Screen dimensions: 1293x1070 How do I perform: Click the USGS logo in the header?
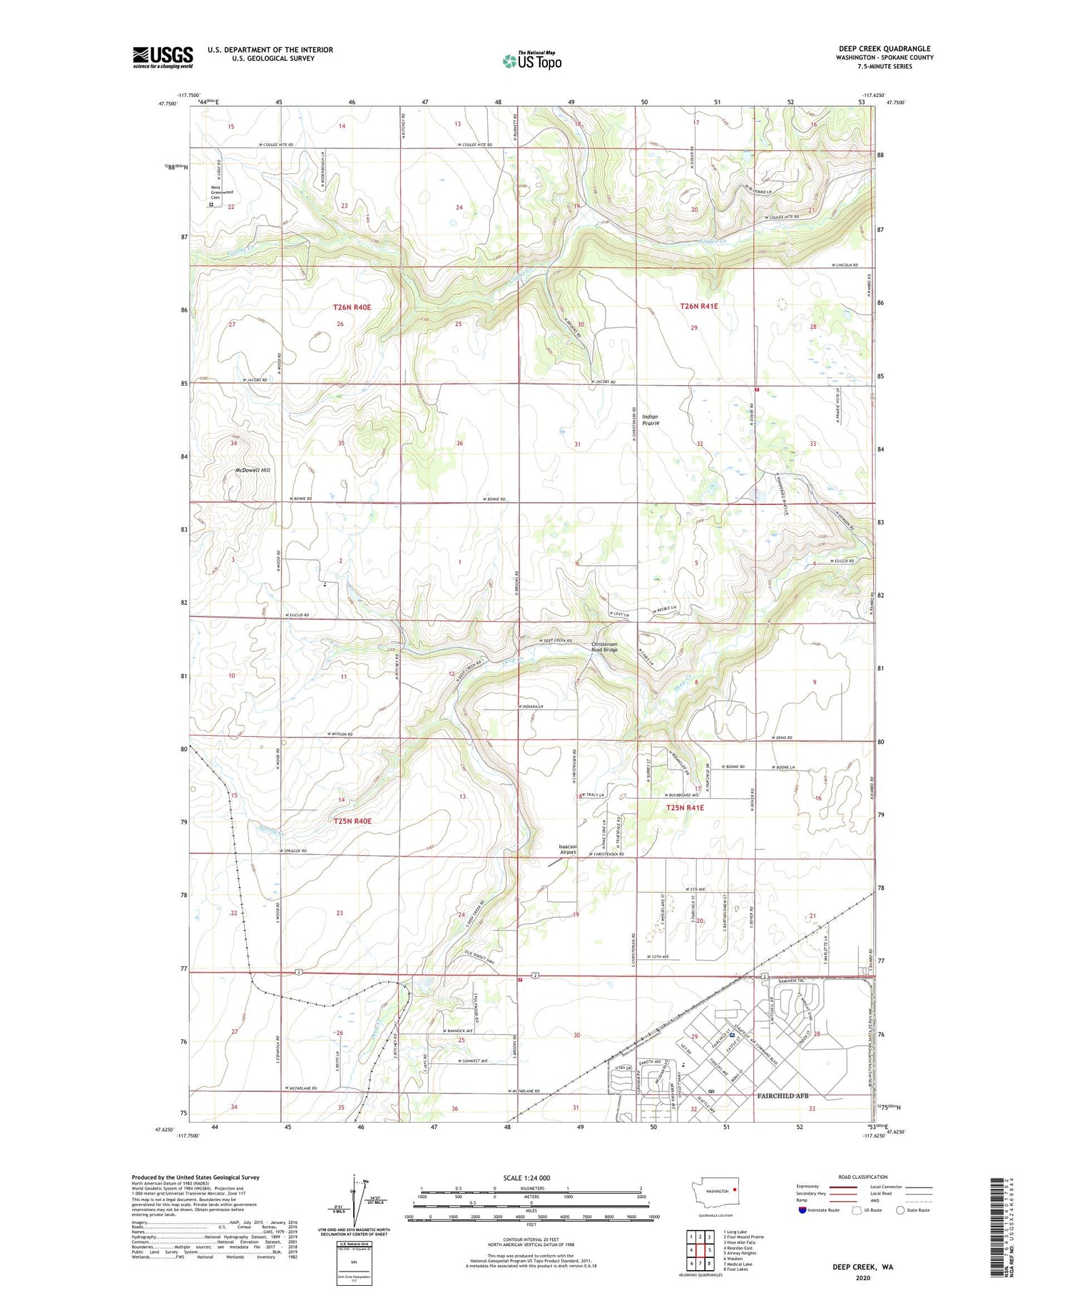tap(163, 57)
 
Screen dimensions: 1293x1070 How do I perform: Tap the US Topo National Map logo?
tap(531, 61)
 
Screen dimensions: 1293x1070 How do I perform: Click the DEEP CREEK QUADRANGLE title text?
tap(885, 48)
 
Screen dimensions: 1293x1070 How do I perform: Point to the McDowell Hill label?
tap(253, 471)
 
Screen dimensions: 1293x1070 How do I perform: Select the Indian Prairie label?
tap(651, 420)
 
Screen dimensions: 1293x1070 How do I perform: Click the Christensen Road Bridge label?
tap(604, 647)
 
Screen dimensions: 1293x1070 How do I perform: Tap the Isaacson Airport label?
tap(568, 849)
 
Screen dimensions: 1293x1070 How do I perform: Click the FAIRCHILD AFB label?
tap(782, 1095)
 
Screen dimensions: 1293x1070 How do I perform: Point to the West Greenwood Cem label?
tap(221, 192)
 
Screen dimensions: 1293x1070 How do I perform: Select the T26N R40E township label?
tap(352, 307)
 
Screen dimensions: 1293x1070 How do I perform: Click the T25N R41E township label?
tap(685, 807)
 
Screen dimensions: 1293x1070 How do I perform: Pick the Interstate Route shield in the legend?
tap(802, 1210)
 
